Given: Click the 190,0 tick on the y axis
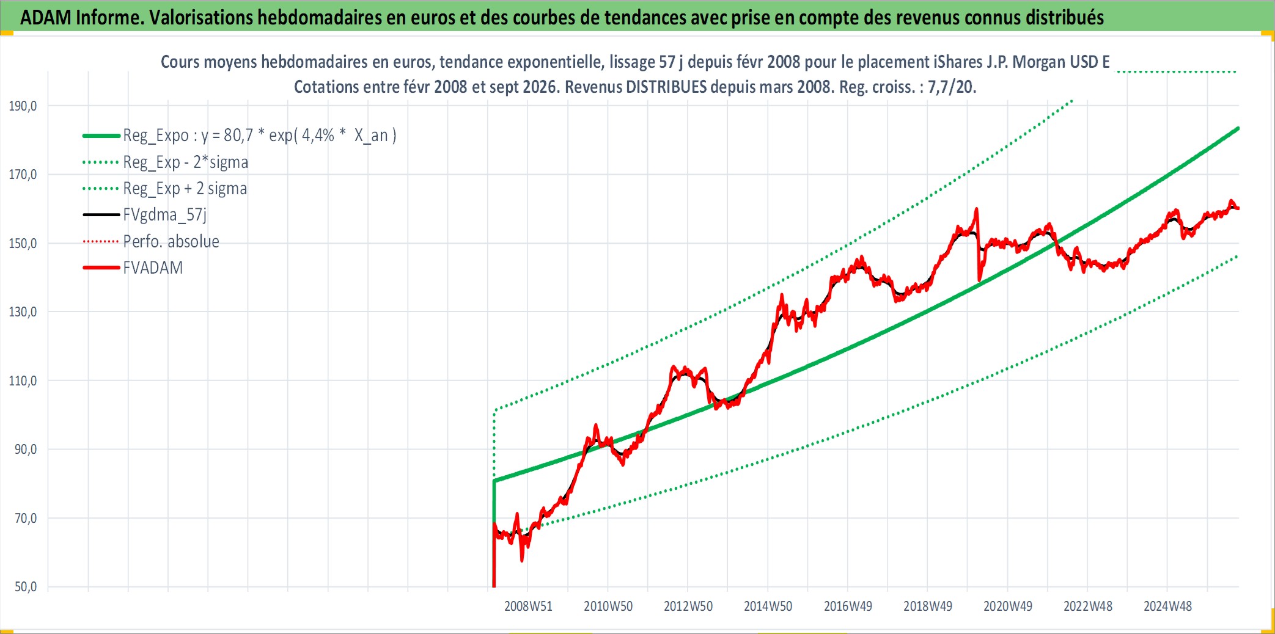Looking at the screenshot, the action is (23, 106).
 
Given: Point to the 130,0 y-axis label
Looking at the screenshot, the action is (23, 312).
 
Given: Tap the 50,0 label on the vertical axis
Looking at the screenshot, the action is (26, 587).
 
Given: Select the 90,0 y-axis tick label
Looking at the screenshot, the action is (26, 450).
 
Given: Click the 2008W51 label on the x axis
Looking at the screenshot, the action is (528, 607).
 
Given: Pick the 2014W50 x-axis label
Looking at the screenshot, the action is (768, 607).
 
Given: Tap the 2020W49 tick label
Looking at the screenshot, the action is (1008, 607).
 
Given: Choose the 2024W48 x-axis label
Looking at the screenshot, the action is (1168, 607).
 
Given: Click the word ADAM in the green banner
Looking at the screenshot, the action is (46, 18).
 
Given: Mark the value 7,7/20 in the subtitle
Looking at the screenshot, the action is (952, 87).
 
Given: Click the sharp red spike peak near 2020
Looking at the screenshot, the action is (977, 209).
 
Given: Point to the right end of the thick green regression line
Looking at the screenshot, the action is (1238, 128).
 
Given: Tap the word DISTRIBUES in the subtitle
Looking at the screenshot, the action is (666, 87).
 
